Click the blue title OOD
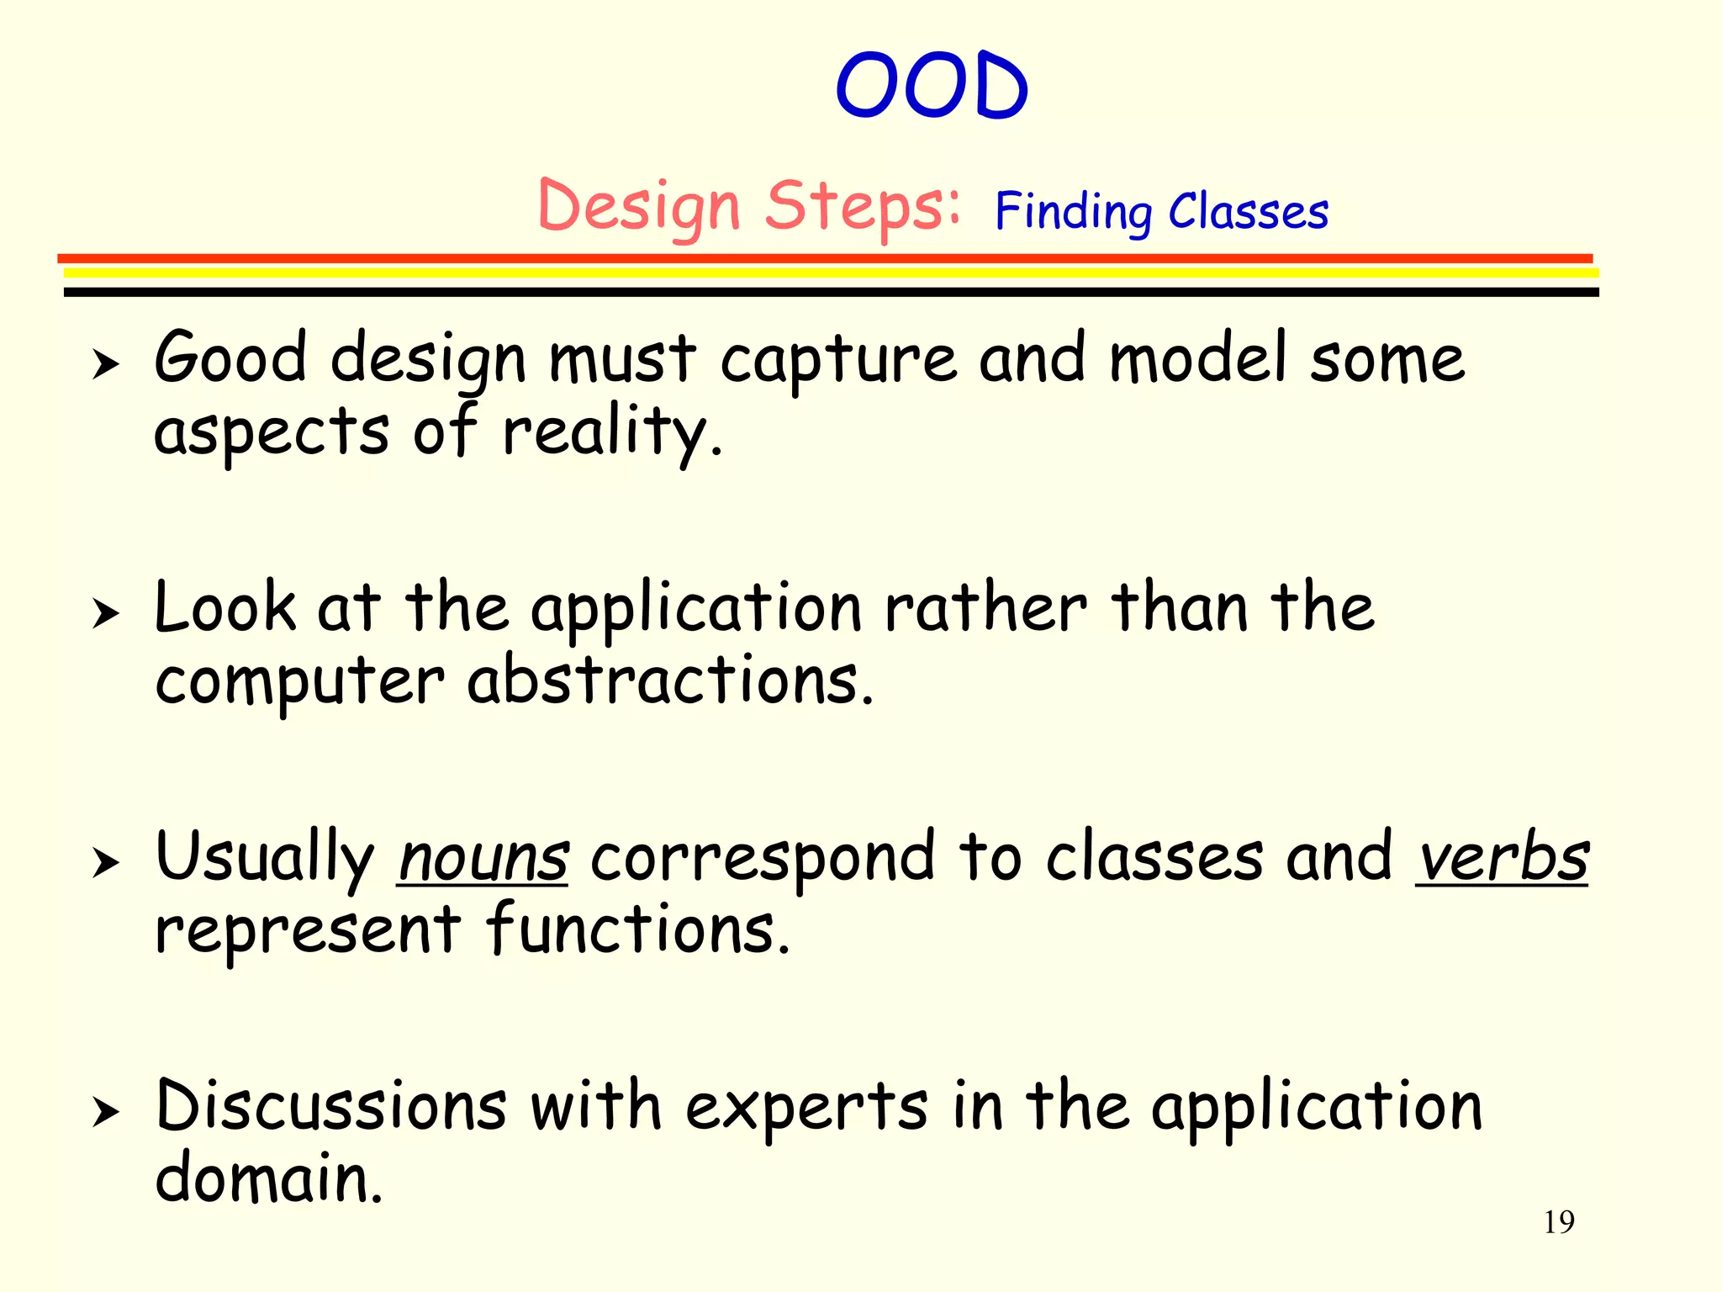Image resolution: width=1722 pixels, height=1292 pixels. [932, 86]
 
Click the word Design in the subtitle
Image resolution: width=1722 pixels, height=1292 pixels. [639, 207]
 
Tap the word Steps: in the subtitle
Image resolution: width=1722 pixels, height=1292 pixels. [862, 207]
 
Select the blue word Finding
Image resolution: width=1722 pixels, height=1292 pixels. [1073, 212]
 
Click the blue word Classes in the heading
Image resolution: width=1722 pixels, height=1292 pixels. [1249, 212]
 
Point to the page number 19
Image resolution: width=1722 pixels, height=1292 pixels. [1558, 1222]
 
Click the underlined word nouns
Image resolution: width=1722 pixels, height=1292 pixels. [483, 859]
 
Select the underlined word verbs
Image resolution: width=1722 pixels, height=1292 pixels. [1502, 859]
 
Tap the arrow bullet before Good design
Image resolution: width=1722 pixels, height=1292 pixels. [106, 365]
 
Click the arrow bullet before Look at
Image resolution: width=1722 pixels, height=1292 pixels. [106, 614]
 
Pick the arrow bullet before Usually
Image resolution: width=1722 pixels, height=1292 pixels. [106, 863]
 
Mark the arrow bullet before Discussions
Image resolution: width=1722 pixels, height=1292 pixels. [106, 1112]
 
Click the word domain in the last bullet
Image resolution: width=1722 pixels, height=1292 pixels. [267, 1178]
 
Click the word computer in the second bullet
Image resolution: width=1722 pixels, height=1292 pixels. [299, 681]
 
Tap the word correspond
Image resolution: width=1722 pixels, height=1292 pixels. [762, 859]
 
